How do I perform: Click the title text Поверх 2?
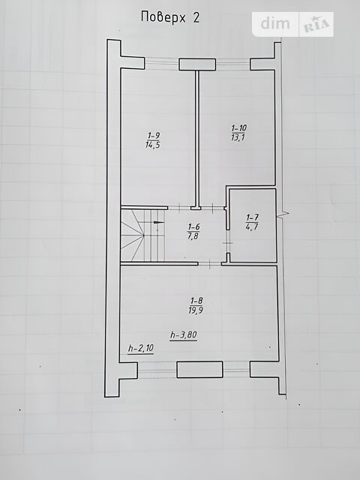tap(170, 17)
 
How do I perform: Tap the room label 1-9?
tap(154, 135)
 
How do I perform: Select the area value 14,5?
tap(153, 145)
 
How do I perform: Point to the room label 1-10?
tap(239, 127)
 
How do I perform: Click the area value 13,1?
tap(238, 137)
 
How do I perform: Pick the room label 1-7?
tap(252, 217)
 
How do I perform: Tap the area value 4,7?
tap(252, 226)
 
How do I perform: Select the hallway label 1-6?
tap(194, 226)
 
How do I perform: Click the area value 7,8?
tap(193, 236)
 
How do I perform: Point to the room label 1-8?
tap(196, 300)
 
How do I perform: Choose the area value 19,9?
tap(196, 310)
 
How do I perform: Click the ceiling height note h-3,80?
tap(184, 335)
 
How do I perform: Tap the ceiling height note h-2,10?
tap(141, 348)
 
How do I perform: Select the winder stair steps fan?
tap(132, 235)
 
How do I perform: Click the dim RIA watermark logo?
tap(293, 24)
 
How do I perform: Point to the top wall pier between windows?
tap(197, 64)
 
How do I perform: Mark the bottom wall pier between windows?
tap(199, 369)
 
